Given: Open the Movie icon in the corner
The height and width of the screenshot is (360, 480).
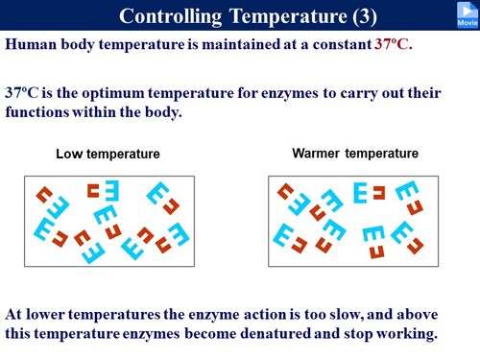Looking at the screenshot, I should [x=466, y=13].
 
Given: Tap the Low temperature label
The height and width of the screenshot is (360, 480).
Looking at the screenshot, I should [x=107, y=155].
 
